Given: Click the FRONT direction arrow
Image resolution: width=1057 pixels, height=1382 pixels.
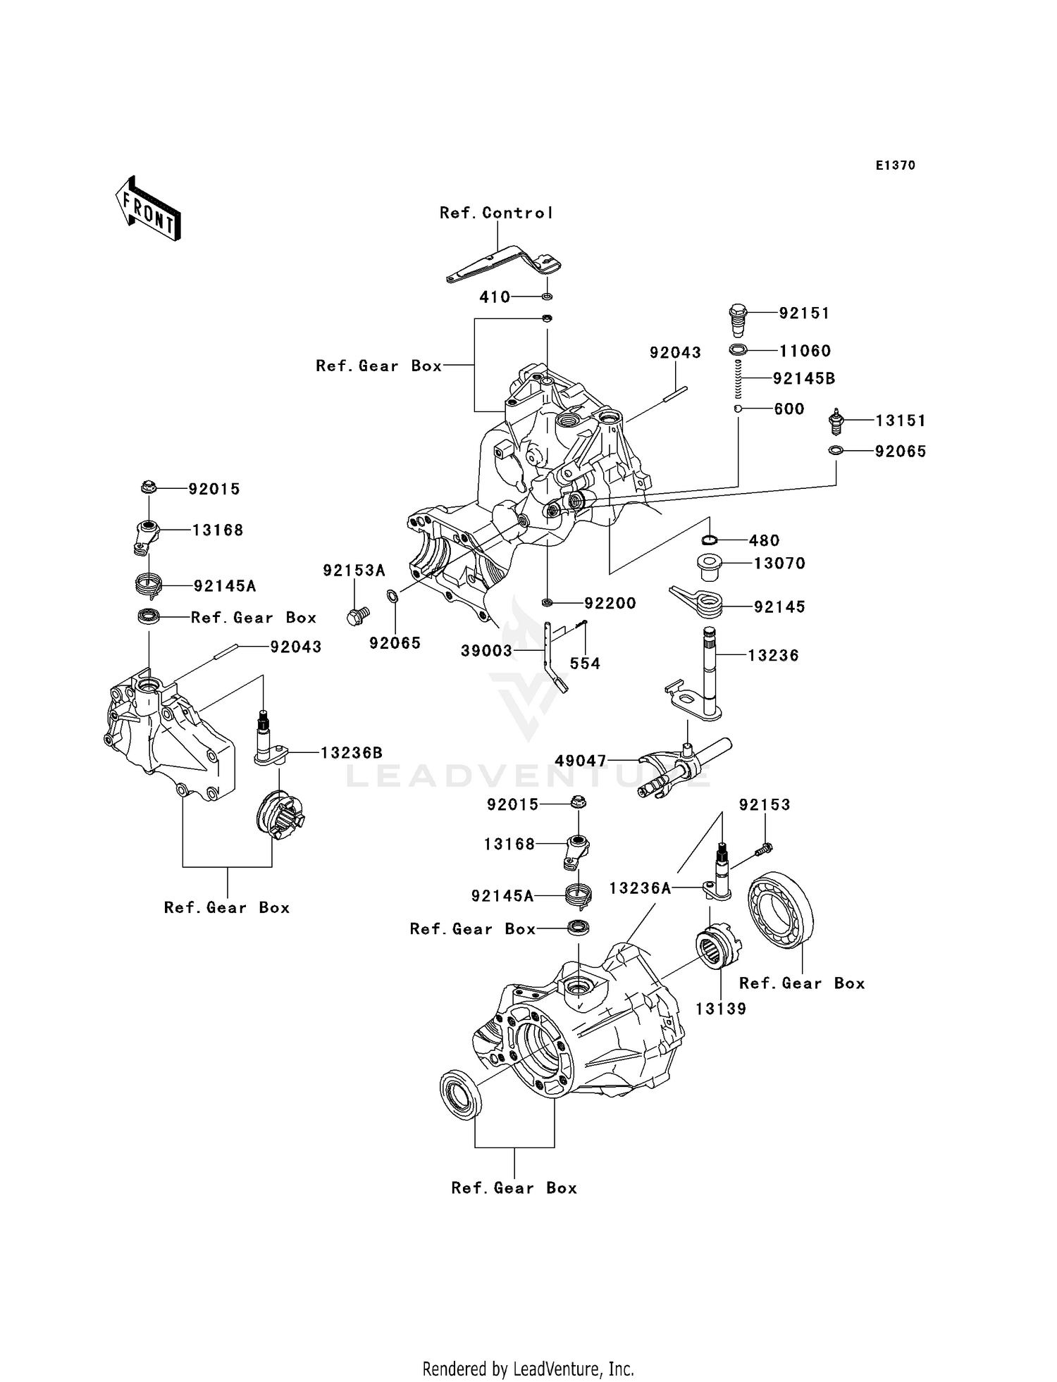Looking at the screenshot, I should tap(149, 208).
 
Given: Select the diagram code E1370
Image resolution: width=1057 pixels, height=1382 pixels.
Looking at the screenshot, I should tap(895, 166).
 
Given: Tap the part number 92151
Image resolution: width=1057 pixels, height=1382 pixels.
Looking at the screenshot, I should tap(804, 313).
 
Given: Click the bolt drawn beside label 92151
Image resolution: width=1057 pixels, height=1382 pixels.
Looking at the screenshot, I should tap(738, 320).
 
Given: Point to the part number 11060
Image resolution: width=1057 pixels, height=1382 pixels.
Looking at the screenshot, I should tap(805, 351).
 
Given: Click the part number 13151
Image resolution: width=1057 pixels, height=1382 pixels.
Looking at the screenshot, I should tap(900, 421).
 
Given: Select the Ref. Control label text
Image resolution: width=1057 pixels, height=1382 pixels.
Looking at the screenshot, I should tap(496, 213).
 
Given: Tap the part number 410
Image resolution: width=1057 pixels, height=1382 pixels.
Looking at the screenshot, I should tap(495, 297).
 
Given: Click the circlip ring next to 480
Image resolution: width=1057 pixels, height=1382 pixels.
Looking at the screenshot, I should tap(710, 540).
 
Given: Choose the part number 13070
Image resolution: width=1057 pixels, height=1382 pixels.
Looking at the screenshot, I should tap(779, 564).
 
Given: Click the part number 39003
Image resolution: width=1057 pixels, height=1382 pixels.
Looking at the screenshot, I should tap(486, 651).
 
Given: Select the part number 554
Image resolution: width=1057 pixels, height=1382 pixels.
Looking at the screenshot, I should tap(584, 664).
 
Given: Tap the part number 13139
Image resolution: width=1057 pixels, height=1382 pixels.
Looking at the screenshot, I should tap(720, 1009).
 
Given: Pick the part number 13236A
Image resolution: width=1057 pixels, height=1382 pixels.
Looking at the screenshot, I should tap(640, 889).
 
